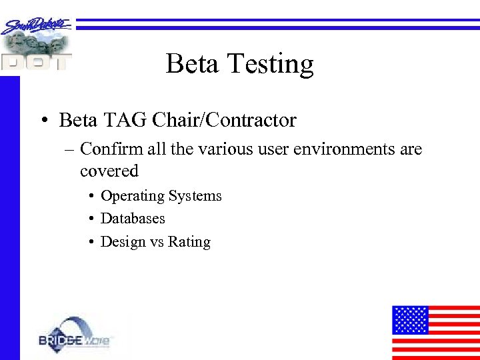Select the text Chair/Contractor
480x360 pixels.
tap(224, 121)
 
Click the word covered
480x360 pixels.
tap(109, 171)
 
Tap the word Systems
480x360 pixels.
tap(195, 197)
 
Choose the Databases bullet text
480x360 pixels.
tap(133, 219)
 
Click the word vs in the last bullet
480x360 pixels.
tap(156, 243)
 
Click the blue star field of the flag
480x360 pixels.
tap(409, 319)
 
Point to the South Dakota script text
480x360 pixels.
tap(37, 26)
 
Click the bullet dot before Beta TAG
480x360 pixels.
tap(42, 121)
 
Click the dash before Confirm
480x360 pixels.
tap(69, 150)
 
